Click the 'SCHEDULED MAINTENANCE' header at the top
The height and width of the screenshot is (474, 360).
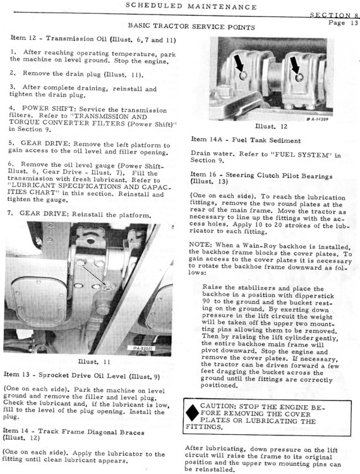point(191,6)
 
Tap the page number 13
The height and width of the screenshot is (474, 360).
point(354,23)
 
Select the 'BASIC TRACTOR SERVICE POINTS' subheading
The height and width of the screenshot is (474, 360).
point(191,27)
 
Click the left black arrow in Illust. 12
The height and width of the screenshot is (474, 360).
point(240,64)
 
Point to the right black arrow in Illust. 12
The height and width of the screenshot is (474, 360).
point(294,64)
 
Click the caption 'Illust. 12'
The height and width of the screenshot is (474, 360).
point(271,126)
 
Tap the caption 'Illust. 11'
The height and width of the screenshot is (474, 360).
point(94,362)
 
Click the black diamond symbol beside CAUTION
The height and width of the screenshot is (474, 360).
point(192,413)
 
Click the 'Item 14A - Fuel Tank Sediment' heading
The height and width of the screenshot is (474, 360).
point(246,140)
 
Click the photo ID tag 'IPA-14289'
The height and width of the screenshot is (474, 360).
point(318,119)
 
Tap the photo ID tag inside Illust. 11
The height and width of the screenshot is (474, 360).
point(143,348)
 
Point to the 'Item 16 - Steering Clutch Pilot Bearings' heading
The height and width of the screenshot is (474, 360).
point(261,178)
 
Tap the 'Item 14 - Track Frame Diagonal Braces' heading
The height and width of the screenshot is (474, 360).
point(73,434)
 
